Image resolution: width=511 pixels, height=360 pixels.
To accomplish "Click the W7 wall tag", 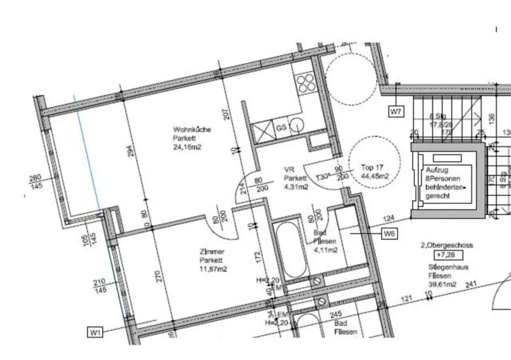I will (x=396, y=112).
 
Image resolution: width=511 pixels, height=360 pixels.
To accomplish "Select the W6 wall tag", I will (x=389, y=233).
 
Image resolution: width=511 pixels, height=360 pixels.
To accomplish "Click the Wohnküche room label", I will (x=192, y=130).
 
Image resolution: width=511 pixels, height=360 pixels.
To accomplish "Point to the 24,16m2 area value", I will (x=187, y=147).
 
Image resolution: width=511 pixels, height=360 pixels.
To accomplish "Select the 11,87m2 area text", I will (x=213, y=270).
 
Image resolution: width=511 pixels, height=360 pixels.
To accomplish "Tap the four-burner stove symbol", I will (x=304, y=83).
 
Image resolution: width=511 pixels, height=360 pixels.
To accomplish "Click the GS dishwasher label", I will (x=281, y=128).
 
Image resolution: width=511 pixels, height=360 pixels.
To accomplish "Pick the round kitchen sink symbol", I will (x=297, y=125).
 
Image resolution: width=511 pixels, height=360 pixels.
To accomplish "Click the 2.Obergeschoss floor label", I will (x=447, y=245).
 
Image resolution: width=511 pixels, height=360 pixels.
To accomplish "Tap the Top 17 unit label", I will (x=372, y=168).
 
